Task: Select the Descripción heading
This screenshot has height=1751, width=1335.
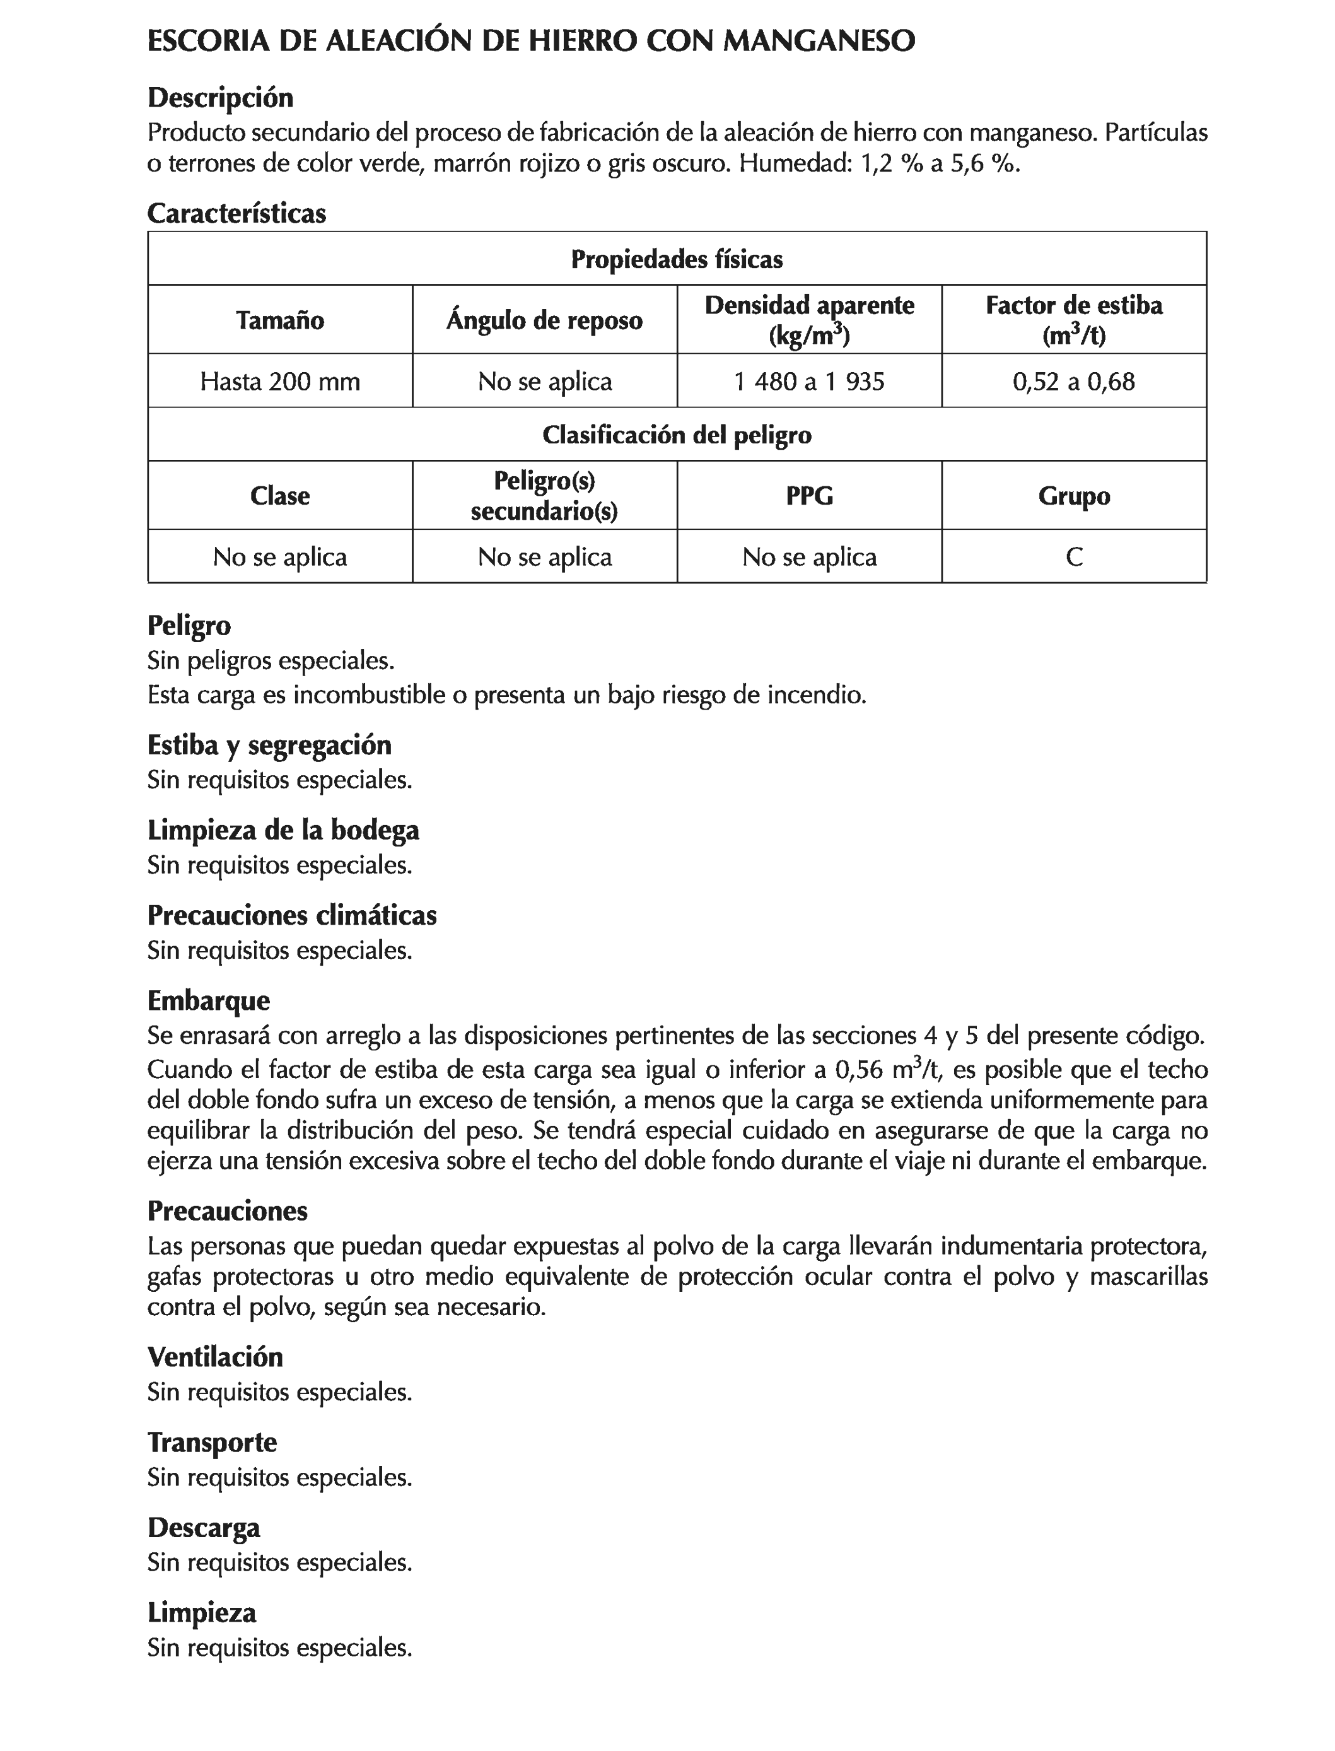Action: click(x=220, y=98)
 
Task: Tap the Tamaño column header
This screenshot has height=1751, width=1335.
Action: click(x=280, y=320)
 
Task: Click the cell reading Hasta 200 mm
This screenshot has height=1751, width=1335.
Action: click(x=280, y=382)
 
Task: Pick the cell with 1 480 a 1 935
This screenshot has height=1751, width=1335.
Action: click(x=809, y=382)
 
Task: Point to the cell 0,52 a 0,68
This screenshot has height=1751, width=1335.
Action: click(x=1073, y=382)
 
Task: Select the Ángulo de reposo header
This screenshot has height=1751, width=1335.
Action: click(x=544, y=320)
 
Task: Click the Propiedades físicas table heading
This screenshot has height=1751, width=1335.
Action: click(x=677, y=259)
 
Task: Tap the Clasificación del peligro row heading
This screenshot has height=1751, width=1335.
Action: click(x=677, y=435)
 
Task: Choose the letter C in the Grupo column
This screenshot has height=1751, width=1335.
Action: click(x=1073, y=557)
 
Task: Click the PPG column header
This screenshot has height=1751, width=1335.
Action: click(x=809, y=496)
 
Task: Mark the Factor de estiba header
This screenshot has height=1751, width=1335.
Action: click(x=1073, y=306)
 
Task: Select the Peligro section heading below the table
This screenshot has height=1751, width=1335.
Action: click(x=189, y=626)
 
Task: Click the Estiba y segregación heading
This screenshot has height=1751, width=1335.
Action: click(x=269, y=745)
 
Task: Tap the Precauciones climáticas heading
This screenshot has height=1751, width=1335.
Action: click(x=291, y=915)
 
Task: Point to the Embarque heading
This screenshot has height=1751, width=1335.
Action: click(x=208, y=1000)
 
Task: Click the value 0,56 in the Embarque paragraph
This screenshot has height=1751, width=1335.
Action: click(x=859, y=1070)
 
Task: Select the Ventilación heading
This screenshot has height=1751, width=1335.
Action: click(x=214, y=1357)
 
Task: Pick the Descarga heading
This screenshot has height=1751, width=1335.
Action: click(x=204, y=1527)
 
